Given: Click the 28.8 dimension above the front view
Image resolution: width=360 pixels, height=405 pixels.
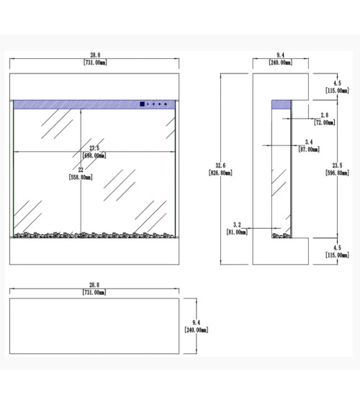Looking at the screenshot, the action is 95,55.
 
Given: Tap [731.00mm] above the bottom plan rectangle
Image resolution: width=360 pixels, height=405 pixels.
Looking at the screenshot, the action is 94,292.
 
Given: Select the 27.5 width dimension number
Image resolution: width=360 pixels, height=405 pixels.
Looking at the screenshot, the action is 94,148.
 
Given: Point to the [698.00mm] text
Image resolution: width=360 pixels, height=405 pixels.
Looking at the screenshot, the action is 94,155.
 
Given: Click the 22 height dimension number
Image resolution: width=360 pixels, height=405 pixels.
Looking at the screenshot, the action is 81,170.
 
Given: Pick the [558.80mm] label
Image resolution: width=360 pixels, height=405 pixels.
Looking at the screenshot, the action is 81,177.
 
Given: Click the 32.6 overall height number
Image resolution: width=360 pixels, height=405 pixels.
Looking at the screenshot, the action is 220,165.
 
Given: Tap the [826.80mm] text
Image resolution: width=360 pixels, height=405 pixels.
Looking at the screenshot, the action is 220,173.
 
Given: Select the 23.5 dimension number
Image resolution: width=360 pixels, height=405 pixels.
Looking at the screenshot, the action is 337,165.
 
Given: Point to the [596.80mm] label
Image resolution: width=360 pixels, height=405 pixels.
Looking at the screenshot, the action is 337,173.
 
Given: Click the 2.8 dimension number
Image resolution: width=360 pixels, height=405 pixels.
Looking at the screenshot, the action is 325,115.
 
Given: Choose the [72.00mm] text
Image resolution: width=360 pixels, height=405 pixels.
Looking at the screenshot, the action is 325,122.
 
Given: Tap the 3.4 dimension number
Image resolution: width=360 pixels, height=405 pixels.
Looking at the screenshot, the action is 309,142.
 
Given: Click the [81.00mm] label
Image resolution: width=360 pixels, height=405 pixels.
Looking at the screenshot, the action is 237,232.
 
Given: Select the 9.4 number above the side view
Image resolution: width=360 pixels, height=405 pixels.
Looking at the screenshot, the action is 280,55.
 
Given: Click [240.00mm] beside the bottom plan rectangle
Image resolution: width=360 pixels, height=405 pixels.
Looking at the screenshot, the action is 197,330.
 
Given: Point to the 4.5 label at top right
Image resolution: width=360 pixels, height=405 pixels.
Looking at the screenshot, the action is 337,83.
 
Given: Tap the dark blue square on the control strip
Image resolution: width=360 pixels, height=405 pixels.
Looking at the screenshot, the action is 142,104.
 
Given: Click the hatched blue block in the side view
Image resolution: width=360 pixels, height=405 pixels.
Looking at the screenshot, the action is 282,104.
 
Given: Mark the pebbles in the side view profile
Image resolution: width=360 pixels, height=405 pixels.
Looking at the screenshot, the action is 282,235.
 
